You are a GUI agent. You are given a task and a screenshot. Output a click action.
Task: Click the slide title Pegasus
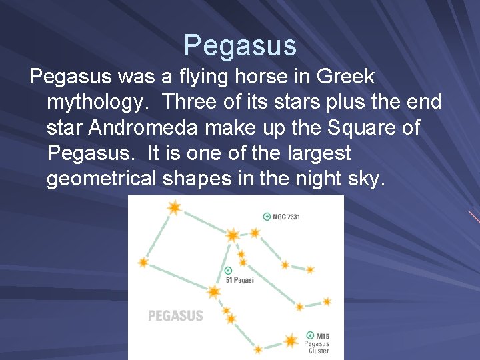tap(240, 45)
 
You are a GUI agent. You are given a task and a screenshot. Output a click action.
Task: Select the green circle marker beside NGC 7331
tap(267, 217)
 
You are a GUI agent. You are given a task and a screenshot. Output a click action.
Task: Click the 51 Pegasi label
tap(240, 280)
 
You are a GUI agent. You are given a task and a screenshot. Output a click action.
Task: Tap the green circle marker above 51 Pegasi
tap(229, 271)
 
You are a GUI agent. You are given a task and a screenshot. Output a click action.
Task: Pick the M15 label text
tap(323, 336)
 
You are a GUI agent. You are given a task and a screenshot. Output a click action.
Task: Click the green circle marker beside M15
tap(310, 335)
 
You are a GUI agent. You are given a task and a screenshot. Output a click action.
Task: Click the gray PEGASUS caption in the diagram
tap(175, 315)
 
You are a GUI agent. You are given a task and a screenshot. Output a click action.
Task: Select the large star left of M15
tap(290, 341)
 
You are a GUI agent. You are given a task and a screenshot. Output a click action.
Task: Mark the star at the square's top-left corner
tap(175, 207)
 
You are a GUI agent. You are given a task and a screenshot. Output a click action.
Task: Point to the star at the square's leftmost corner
tap(143, 262)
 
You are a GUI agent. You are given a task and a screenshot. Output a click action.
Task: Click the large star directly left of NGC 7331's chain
tap(232, 235)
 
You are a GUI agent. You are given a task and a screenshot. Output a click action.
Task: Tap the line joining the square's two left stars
tap(159, 235)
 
